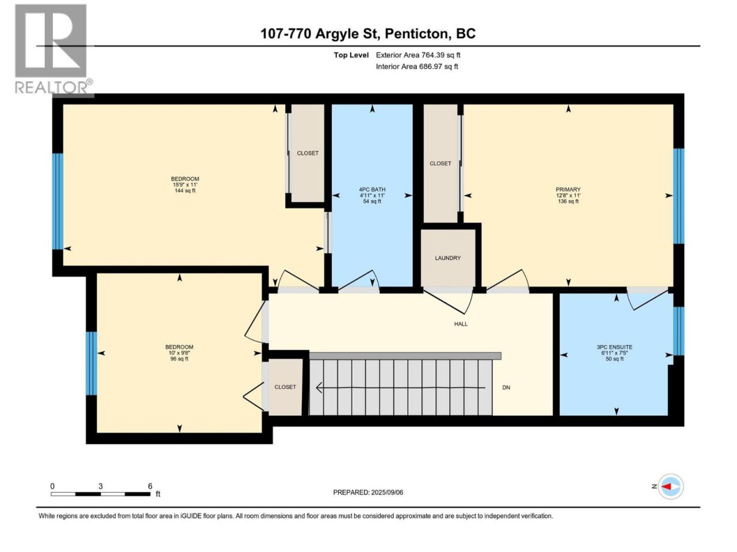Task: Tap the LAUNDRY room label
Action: point(447,258)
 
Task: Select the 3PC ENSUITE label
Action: point(614,347)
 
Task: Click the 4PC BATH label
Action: point(372,189)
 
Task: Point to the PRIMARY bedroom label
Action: point(568,189)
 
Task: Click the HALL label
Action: point(461,324)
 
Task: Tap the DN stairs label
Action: point(506,388)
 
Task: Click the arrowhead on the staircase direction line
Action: point(319,388)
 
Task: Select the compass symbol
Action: point(671,486)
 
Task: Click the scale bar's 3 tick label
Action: point(100,486)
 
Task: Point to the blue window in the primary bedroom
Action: point(679,196)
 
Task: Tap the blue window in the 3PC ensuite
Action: point(679,331)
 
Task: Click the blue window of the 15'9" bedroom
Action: point(58,201)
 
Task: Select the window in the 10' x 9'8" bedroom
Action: point(92,363)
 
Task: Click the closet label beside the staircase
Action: point(285,387)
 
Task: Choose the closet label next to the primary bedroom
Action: point(440,163)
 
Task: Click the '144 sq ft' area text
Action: point(185,191)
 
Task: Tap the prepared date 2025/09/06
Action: point(387,492)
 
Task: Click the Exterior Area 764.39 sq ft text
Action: point(418,55)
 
